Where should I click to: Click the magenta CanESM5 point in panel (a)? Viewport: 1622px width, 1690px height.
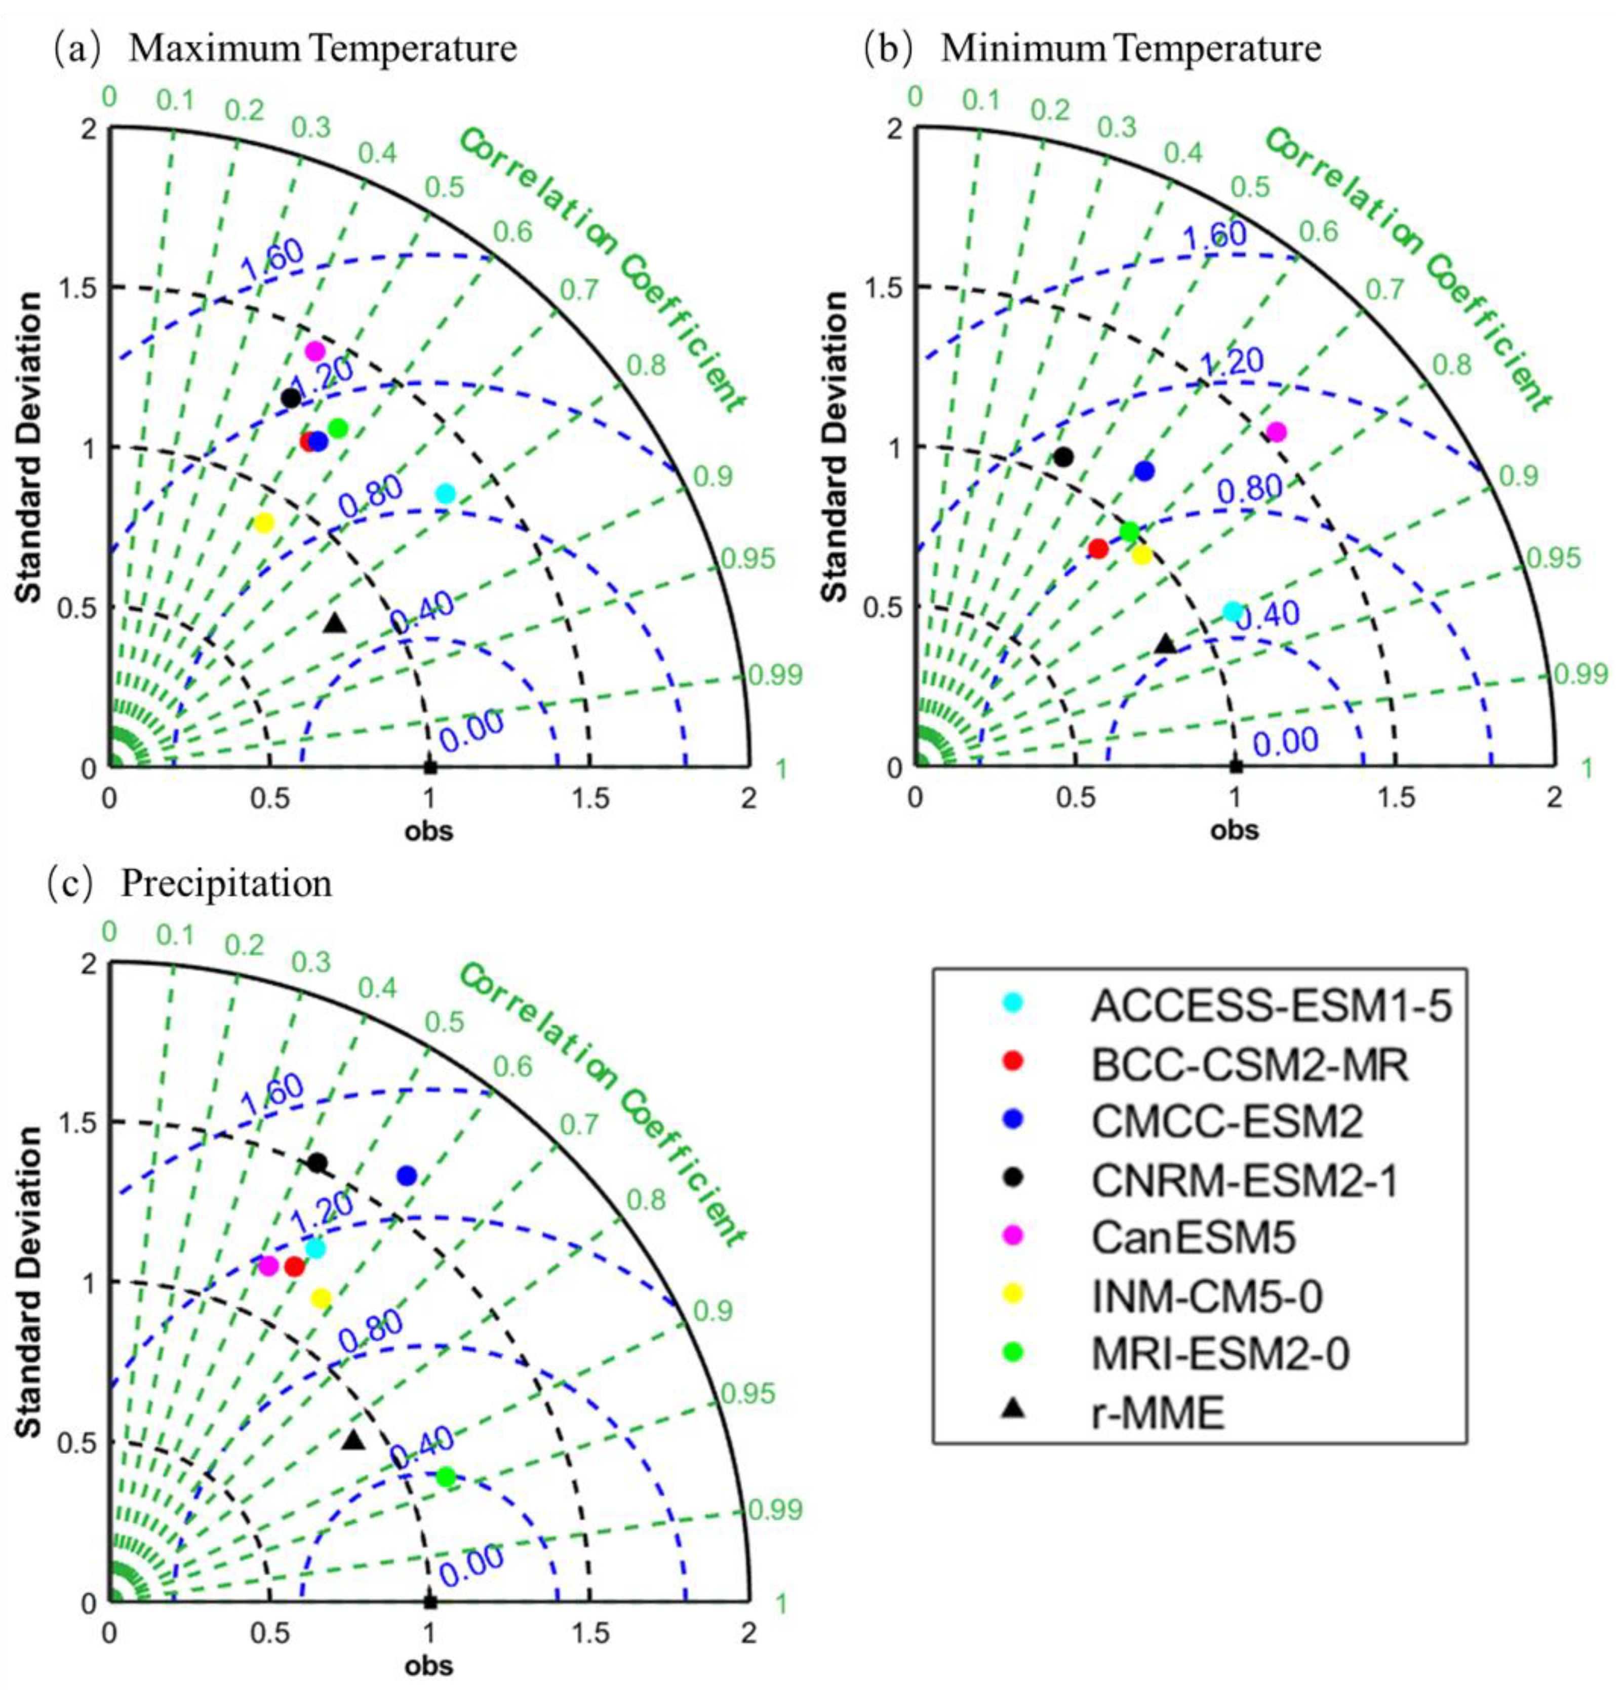[x=315, y=351]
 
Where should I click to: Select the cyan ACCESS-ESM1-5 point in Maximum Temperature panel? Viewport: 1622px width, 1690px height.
[x=445, y=493]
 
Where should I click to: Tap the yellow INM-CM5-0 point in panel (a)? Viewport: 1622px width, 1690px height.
[x=264, y=522]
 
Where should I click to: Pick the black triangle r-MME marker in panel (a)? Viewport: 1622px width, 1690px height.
[x=335, y=623]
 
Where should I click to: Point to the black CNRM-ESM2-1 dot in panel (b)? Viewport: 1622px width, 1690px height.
[x=1063, y=457]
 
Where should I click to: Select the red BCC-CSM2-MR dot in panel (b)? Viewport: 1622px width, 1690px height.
[x=1098, y=548]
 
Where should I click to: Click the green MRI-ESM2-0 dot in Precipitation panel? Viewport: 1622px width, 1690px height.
[x=445, y=1477]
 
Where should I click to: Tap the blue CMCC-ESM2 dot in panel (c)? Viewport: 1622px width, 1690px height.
[x=406, y=1175]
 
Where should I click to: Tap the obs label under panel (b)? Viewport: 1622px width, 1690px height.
[x=1234, y=830]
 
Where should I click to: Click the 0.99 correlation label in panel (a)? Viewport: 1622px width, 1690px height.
[x=775, y=675]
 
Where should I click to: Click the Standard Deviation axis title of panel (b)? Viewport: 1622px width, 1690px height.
[x=835, y=447]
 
